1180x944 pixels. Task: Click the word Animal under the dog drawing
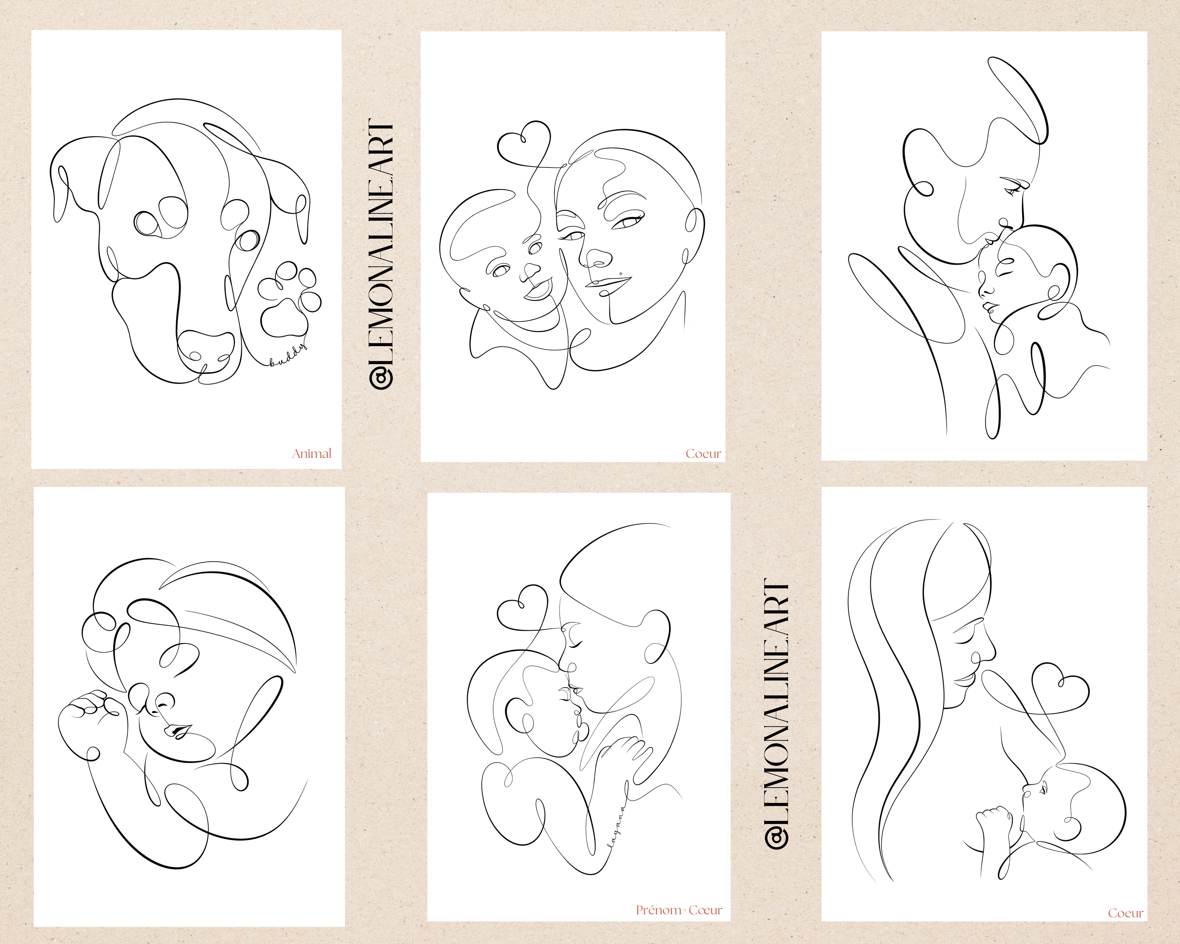[x=311, y=453]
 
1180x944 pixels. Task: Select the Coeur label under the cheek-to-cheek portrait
[x=703, y=454]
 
